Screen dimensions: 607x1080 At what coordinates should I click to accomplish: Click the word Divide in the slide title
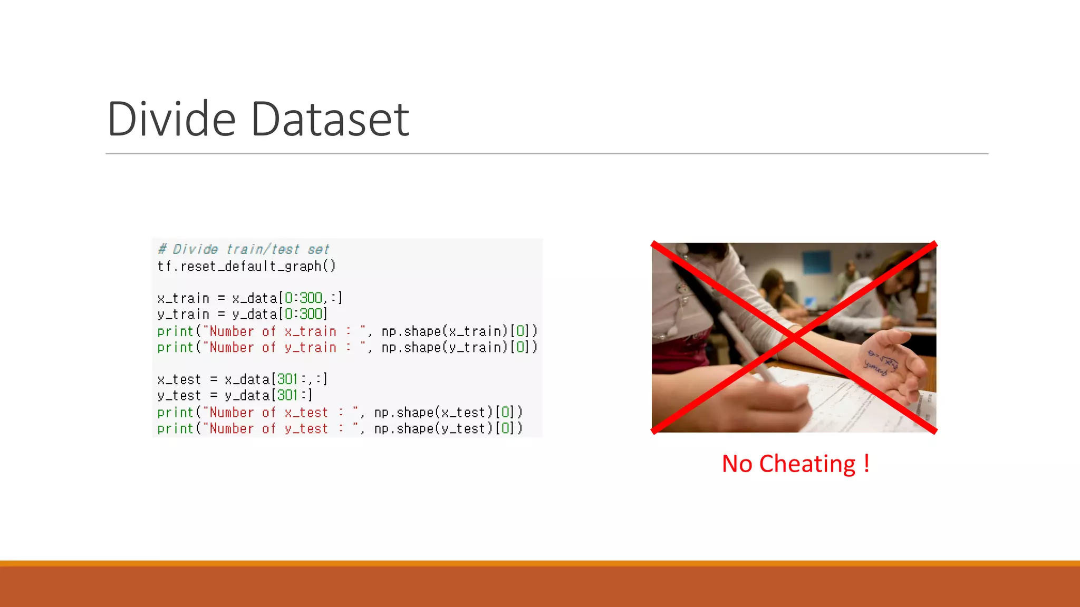tap(171, 119)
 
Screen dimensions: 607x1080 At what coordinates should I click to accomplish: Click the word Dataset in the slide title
tap(330, 119)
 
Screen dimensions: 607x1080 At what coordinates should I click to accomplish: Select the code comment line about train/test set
tap(244, 249)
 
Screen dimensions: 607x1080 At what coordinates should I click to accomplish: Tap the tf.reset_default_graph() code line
tap(246, 266)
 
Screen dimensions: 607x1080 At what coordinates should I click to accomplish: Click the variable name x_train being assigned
tap(183, 298)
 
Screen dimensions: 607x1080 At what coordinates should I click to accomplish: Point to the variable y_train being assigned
tap(183, 315)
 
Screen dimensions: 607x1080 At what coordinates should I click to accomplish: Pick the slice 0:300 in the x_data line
tap(303, 298)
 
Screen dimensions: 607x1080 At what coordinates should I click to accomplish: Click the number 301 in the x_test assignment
tap(287, 379)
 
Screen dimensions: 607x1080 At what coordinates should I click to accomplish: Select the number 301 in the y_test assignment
tap(287, 395)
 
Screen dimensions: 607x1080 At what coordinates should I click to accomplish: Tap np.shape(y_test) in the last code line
tap(434, 429)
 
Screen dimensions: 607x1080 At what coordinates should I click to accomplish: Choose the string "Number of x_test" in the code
tap(269, 413)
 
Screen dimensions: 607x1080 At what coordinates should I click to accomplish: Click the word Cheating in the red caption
tap(807, 464)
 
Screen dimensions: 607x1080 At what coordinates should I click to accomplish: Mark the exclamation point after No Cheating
tap(866, 464)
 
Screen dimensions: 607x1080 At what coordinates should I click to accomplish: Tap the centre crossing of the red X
tap(794, 337)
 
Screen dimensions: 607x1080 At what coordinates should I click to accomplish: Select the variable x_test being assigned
tap(179, 379)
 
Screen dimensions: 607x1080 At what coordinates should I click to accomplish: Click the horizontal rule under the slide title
tap(547, 154)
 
